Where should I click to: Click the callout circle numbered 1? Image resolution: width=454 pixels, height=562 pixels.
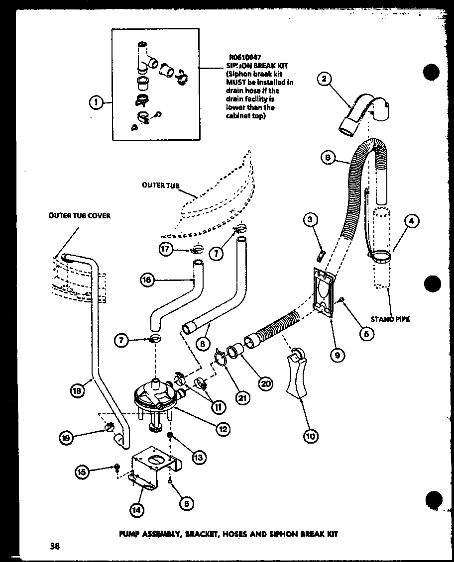click(x=97, y=102)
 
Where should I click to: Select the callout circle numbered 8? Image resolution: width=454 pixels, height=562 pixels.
click(x=327, y=158)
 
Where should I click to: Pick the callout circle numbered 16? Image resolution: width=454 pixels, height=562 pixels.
click(x=146, y=281)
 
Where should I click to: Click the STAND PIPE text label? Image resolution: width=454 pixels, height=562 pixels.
click(x=390, y=319)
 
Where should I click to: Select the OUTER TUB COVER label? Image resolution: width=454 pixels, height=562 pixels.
click(x=79, y=216)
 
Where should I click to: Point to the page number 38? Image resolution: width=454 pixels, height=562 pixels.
click(x=55, y=546)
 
